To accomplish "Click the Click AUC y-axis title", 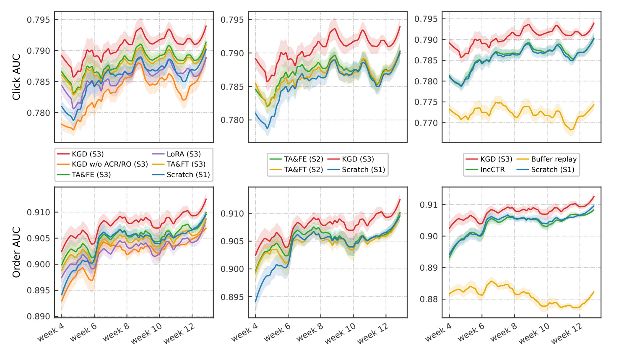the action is (16, 77).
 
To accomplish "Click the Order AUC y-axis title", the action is (16, 252).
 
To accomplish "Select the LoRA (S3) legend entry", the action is (177, 154).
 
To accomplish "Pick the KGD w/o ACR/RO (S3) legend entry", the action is (102, 164).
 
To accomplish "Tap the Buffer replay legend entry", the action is (546, 159).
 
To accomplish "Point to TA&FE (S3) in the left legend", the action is (84, 175).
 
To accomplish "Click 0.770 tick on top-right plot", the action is (426, 123).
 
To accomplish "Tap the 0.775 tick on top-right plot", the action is (426, 102).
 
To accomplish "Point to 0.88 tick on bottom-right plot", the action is (429, 300).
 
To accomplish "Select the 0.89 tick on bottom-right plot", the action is (429, 268).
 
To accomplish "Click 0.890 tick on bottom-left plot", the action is (39, 317).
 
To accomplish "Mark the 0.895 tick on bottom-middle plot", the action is (232, 297).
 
